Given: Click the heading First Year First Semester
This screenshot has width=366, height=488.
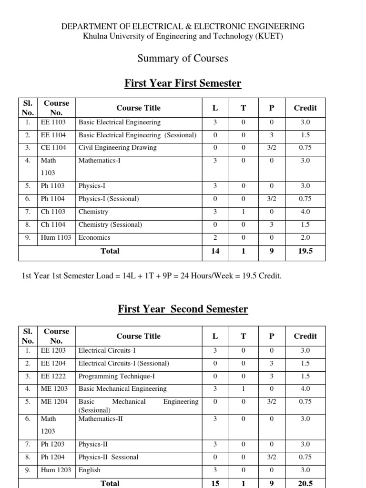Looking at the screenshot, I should [183, 83].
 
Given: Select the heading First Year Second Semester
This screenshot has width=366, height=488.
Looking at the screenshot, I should [183, 309].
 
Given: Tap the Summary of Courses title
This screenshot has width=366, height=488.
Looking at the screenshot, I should [183, 58].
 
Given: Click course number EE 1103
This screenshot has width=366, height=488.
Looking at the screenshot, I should [53, 122].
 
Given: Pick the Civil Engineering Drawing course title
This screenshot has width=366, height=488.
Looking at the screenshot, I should [117, 148].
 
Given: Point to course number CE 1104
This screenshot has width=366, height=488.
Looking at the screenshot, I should [53, 148].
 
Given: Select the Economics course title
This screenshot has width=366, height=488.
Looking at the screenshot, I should [94, 237].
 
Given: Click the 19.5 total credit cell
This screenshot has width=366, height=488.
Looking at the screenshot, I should [305, 251].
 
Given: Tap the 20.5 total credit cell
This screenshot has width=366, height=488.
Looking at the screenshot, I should [305, 483].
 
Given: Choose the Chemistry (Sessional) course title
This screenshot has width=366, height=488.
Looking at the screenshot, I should [110, 224].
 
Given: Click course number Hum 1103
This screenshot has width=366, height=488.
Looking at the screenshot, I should [56, 237].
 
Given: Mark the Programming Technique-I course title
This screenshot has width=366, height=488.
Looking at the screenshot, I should [116, 376].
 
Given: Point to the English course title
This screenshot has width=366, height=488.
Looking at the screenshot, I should [90, 470].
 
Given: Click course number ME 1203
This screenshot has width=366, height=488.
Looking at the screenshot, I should [54, 389].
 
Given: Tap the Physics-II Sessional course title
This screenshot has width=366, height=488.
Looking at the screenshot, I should [108, 457].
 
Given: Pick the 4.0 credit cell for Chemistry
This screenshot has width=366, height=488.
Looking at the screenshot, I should [305, 212].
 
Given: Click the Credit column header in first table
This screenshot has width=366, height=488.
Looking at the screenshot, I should [305, 108].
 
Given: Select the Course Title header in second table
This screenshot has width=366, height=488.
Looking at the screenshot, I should [138, 336].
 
